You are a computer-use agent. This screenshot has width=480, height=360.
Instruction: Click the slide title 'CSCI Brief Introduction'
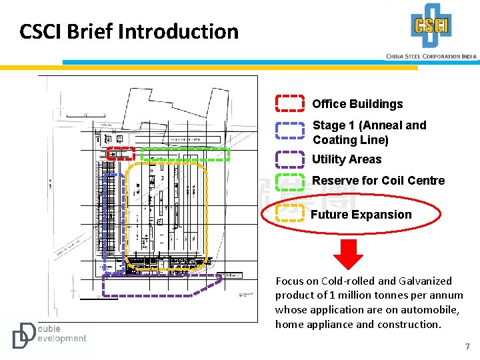[129, 31]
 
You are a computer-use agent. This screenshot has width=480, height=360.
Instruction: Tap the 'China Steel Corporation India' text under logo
[431, 57]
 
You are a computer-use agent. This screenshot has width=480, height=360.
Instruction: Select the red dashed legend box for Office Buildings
[290, 103]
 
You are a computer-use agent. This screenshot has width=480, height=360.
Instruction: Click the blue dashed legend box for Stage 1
[290, 129]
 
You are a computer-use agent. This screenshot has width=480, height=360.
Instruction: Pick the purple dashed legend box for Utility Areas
[290, 159]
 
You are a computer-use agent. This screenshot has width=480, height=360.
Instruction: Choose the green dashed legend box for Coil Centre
[290, 182]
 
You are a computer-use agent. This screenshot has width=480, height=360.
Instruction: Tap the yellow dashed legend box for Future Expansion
[290, 213]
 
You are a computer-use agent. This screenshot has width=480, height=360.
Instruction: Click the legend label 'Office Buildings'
[357, 104]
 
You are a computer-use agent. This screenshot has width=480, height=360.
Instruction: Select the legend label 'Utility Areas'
[347, 159]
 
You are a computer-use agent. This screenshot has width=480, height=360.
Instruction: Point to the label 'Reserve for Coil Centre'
[378, 181]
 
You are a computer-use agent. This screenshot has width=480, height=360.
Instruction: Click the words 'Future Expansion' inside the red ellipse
[361, 215]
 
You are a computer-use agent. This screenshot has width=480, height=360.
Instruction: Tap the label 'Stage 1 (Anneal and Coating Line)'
[369, 132]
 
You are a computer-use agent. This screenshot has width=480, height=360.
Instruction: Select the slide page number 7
[467, 347]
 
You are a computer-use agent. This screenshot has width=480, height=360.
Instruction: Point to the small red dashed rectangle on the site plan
[121, 154]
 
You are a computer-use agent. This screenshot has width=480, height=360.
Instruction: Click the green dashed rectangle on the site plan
[185, 154]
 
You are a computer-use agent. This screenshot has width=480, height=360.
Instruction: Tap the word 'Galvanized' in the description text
[423, 281]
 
